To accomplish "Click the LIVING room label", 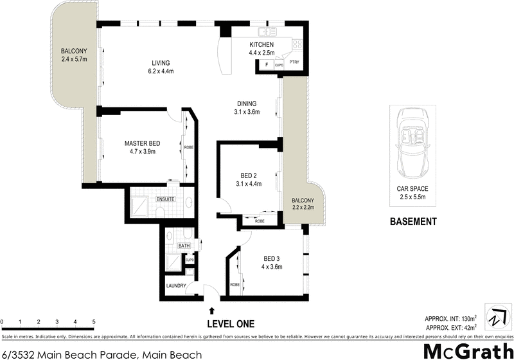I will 161,63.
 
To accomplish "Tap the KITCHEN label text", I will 262,44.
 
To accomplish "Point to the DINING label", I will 247,104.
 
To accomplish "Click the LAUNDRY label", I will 175,286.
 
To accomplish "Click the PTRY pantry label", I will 294,63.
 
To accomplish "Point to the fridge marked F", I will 266,64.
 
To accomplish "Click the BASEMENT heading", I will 413,222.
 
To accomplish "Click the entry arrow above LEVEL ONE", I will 212,310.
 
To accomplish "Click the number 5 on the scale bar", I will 94,321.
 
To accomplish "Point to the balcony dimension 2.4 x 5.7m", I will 74,59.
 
